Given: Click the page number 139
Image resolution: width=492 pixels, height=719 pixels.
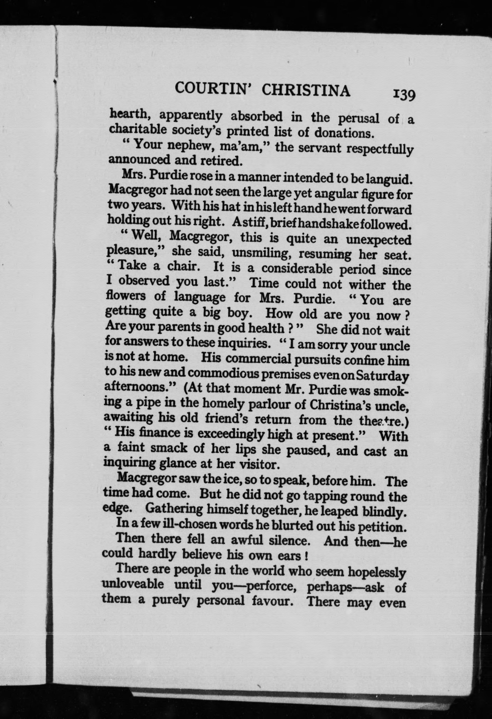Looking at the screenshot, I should click(403, 95).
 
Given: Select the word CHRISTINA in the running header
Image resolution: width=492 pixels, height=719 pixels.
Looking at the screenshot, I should click(306, 91).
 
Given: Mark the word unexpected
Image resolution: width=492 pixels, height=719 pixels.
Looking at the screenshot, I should click(378, 240).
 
